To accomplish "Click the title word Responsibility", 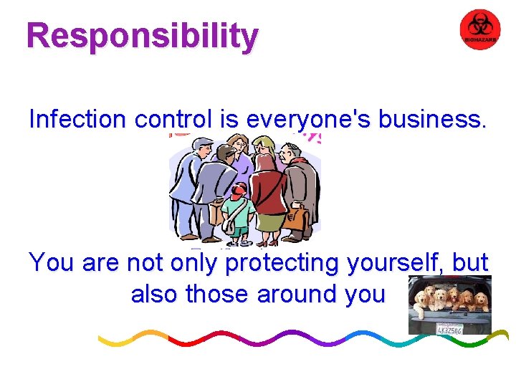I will (x=142, y=35).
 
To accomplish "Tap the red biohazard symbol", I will (x=479, y=30).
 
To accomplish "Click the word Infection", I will (x=77, y=119).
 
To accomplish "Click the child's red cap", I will (x=239, y=188).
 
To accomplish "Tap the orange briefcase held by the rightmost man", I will (x=295, y=219).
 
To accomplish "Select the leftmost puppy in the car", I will (x=421, y=298).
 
